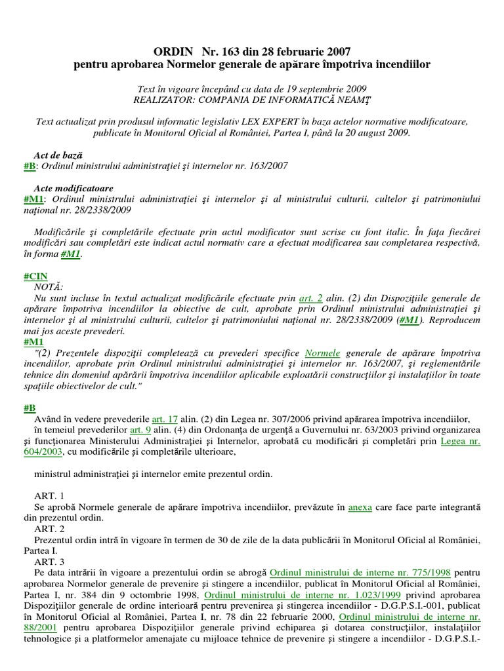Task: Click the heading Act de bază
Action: coord(58,155)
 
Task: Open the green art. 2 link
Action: coord(310,298)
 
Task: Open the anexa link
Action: coord(360,507)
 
